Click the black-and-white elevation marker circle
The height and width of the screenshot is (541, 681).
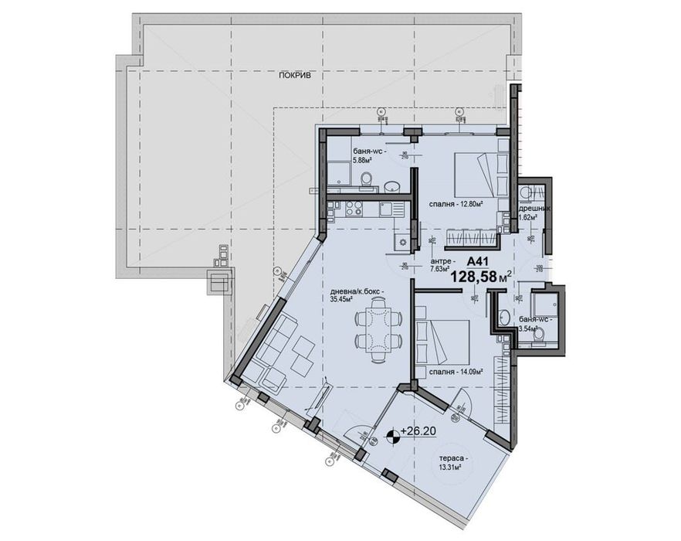(394, 436)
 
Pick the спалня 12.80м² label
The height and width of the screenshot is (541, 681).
(456, 205)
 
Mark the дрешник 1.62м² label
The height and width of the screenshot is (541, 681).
(533, 213)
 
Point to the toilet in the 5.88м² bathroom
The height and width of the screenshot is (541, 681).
(367, 179)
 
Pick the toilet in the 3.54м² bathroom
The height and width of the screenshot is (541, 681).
(540, 332)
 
